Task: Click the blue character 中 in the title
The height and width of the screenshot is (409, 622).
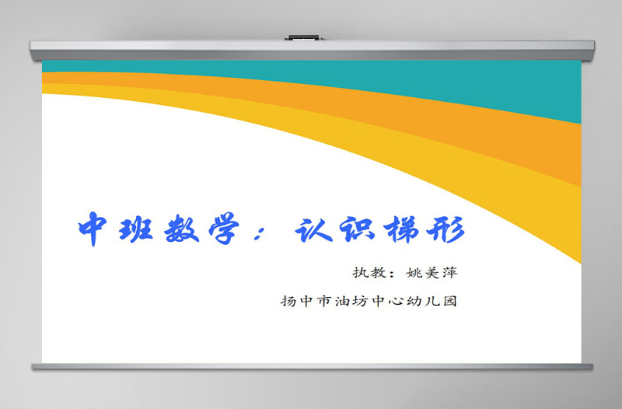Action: pyautogui.click(x=95, y=229)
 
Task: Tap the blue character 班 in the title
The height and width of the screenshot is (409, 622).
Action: pyautogui.click(x=142, y=229)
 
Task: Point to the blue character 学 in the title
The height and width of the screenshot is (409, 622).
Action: pyautogui.click(x=235, y=229)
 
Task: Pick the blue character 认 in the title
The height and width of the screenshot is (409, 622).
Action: pyautogui.click(x=321, y=229)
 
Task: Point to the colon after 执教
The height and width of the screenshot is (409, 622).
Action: pyautogui.click(x=391, y=274)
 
